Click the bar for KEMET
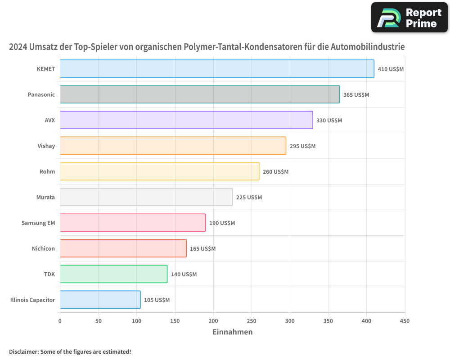[217, 69]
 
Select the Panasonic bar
[200, 94]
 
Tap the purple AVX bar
[186, 120]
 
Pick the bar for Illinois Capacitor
[100, 300]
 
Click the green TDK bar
[113, 274]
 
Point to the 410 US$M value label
[391, 69]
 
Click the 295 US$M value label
[302, 146]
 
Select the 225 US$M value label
[249, 198]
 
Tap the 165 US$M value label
[202, 249]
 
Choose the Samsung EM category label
[38, 223]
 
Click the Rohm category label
[47, 172]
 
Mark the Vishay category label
[46, 146]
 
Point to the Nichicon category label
[43, 249]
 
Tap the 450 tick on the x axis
[405, 321]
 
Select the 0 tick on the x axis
[60, 321]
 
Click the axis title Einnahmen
[232, 332]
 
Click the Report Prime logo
[409, 18]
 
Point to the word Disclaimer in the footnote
[23, 352]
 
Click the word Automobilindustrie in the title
[368, 47]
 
